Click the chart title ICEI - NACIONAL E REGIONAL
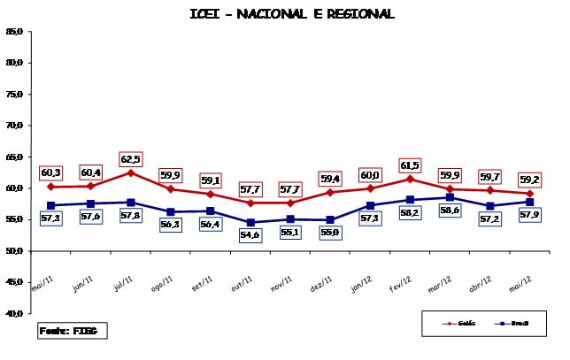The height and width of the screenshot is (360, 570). [292, 13]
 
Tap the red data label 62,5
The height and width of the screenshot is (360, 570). [130, 159]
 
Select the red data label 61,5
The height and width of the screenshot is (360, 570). [410, 165]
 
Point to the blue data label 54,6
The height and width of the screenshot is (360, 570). [250, 234]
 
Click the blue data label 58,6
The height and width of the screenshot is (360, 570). [450, 211]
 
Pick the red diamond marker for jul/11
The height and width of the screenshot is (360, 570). [130, 172]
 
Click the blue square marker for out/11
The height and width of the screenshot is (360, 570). [250, 222]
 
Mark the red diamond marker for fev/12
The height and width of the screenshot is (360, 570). [410, 179]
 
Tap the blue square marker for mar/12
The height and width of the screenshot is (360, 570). [450, 197]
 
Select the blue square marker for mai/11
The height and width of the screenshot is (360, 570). [50, 205]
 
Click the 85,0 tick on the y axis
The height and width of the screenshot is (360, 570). [14, 32]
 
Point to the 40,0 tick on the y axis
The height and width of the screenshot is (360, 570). [14, 313]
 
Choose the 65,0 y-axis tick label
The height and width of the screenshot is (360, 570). [14, 157]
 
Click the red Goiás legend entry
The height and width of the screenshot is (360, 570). [459, 323]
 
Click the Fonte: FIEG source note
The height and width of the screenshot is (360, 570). [72, 331]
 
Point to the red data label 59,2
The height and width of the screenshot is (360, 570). [529, 180]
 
